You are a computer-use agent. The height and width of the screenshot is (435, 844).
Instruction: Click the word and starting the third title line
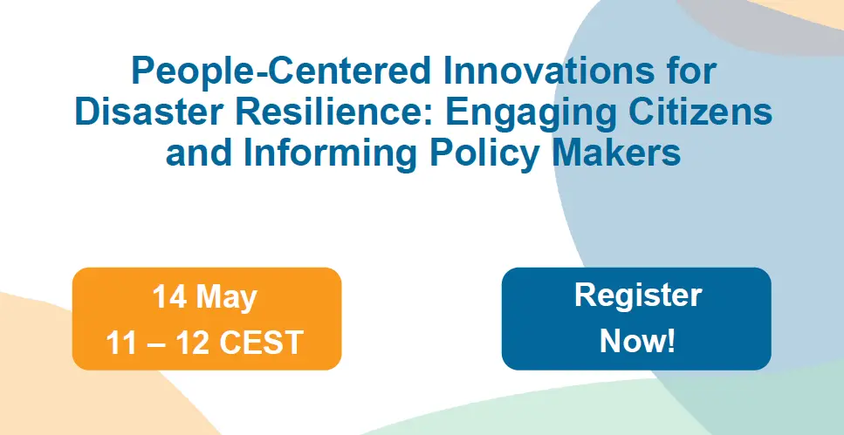point(199,153)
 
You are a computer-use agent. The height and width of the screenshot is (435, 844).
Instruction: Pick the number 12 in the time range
point(192,343)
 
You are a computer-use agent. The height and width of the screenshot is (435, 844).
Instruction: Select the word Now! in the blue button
point(637,340)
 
